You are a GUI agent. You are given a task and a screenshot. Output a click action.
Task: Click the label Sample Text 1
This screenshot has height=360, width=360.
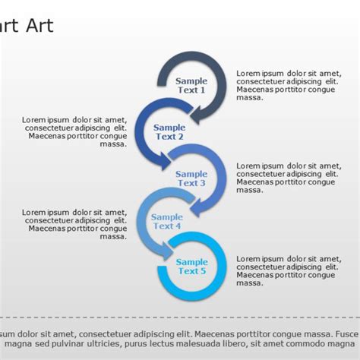click(x=191, y=85)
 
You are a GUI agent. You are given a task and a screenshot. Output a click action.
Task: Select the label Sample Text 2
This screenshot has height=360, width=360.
click(x=169, y=132)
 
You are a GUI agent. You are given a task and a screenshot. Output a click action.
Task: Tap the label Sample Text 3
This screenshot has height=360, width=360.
click(x=191, y=178)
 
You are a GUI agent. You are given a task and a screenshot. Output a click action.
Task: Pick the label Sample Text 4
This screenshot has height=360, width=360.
click(x=167, y=221)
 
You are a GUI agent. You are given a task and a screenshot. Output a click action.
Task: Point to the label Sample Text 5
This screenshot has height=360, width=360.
click(x=191, y=267)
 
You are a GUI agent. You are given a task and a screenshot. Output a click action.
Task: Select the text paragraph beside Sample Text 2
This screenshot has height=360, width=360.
click(x=74, y=131)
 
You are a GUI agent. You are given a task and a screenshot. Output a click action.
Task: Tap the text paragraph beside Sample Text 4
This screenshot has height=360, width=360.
click(x=74, y=224)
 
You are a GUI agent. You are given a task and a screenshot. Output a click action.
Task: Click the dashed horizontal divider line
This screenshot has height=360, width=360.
click(x=180, y=317)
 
